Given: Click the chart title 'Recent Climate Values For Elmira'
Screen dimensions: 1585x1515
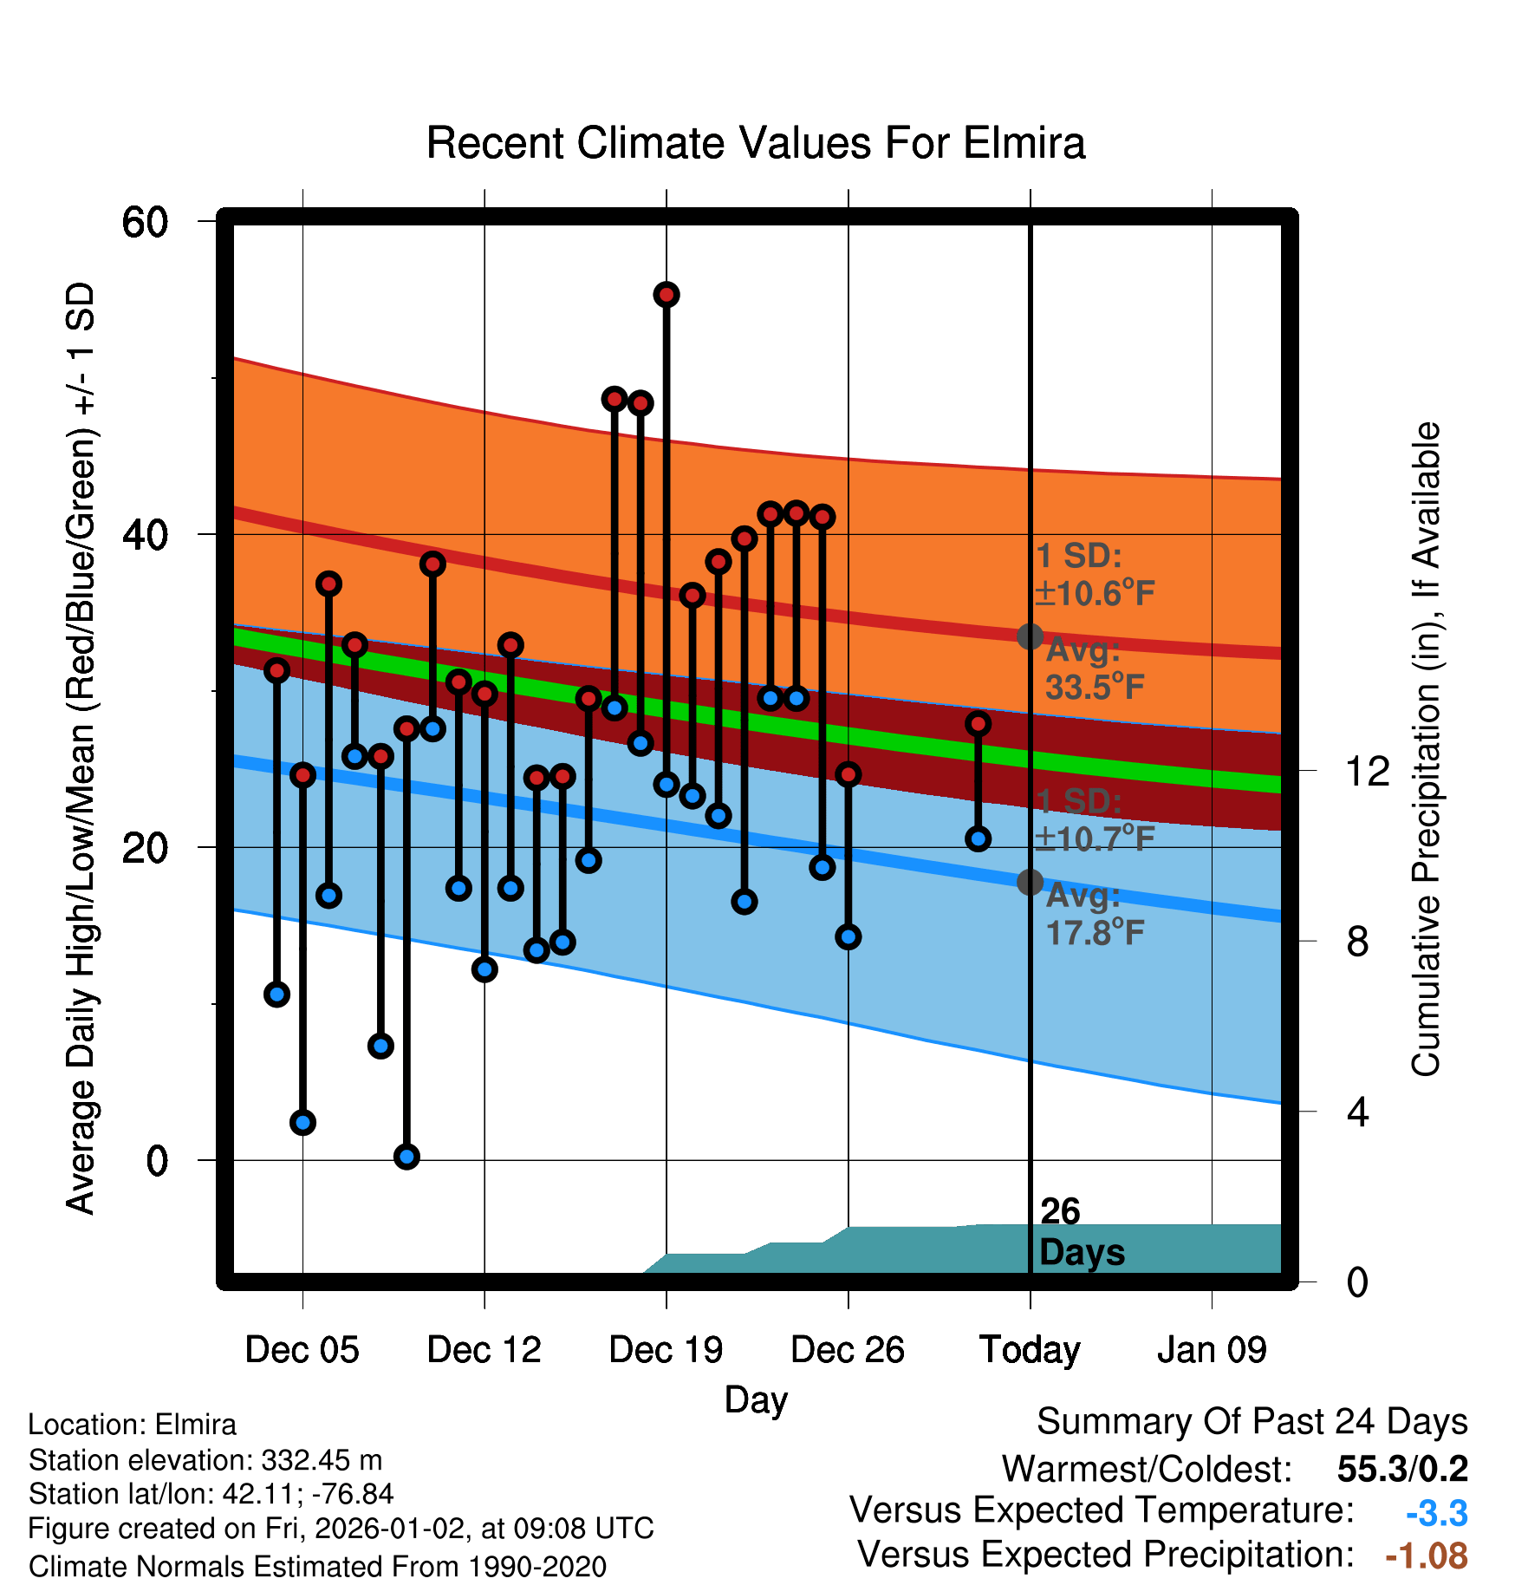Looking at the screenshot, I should coord(755,143).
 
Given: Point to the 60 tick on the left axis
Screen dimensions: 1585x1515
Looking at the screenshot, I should coord(145,222).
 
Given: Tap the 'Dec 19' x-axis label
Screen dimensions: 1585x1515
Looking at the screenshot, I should coord(666,1349).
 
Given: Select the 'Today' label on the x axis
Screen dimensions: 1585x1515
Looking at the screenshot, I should coord(1030,1349).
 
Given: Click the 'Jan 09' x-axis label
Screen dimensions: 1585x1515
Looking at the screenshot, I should coord(1212,1349).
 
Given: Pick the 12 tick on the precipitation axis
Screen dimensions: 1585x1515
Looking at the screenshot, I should coord(1367,771).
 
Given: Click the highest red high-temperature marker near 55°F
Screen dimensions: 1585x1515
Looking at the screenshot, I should coord(666,295).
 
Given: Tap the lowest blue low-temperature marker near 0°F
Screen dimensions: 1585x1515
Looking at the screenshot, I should coord(406,1156).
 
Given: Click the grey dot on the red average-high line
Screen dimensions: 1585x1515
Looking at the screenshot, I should coord(1030,636).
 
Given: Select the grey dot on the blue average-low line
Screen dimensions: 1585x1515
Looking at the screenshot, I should coord(1030,882).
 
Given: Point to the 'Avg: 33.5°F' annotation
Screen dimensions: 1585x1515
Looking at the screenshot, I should coord(1094,669).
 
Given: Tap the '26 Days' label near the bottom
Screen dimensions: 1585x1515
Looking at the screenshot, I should coord(1081,1232).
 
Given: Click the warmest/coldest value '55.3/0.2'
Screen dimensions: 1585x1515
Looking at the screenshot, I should coord(1402,1469).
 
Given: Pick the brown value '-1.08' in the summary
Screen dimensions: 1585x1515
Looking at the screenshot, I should coord(1427,1556).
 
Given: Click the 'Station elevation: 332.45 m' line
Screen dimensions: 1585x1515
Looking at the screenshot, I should coord(205,1460).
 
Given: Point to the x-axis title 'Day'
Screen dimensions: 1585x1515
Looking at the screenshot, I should coord(756,1399).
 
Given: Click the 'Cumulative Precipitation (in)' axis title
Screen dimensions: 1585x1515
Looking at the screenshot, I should coord(1425,749).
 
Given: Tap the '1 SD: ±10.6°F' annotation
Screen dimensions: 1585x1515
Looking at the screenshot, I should coord(1094,574).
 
